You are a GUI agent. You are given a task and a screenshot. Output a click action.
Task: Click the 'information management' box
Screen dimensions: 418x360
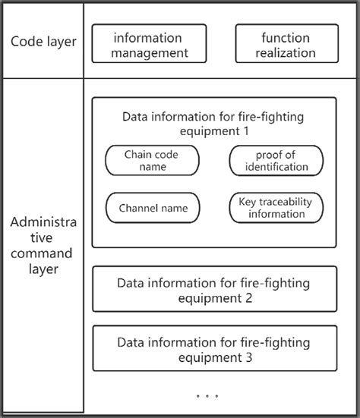[149, 44]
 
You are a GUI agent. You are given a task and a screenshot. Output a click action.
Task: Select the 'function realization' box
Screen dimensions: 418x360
[286, 44]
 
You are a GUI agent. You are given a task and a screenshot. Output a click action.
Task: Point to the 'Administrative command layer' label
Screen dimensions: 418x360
[43, 245]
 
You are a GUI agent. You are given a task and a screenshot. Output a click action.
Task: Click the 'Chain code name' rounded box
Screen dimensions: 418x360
[152, 160]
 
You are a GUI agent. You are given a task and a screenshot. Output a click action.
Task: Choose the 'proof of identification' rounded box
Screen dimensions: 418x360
[276, 160]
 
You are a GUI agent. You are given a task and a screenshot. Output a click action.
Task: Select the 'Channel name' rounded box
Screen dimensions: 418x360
[153, 207]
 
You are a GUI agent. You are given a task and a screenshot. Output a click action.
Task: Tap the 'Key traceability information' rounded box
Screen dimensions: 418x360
[276, 207]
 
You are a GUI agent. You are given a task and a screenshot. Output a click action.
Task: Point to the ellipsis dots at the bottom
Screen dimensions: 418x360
[207, 396]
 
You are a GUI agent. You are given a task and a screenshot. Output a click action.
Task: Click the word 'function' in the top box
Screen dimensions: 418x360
[286, 37]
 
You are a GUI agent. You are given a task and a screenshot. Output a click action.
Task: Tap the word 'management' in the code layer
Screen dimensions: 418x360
[149, 53]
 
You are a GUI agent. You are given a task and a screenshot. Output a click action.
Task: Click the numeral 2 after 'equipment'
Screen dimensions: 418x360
[248, 297]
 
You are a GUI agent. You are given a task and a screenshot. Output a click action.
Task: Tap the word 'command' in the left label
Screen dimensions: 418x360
[43, 253]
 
